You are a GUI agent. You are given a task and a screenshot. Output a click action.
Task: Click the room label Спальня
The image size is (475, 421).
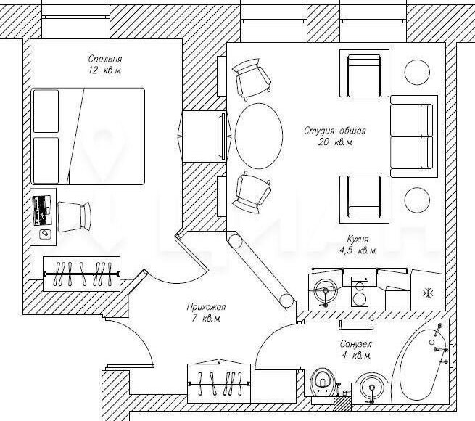(105, 59)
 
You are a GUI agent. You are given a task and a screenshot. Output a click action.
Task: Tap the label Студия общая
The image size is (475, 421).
(335, 131)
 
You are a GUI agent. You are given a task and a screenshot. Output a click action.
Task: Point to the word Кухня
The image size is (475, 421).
(358, 240)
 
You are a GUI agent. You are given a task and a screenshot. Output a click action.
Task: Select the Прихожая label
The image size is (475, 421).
(206, 307)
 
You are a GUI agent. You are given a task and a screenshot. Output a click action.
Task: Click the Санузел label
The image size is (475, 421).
(355, 344)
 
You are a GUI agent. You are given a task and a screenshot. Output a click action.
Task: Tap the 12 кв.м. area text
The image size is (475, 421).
(105, 70)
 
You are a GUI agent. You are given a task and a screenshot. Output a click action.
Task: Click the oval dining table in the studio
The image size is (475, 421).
(259, 136)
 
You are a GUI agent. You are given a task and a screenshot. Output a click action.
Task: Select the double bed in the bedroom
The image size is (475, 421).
(88, 136)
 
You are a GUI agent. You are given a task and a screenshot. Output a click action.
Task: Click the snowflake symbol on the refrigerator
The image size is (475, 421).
(429, 293)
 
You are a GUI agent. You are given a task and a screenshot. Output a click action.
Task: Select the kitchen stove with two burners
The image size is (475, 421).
(360, 292)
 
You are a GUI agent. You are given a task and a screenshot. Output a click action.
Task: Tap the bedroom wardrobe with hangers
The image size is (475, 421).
(81, 274)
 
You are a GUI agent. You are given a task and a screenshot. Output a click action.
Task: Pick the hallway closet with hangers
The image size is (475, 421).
(219, 383)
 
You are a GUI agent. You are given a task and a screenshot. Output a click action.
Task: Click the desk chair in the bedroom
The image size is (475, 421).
(74, 216)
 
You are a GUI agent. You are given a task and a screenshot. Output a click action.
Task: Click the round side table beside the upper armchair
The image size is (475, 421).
(417, 72)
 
